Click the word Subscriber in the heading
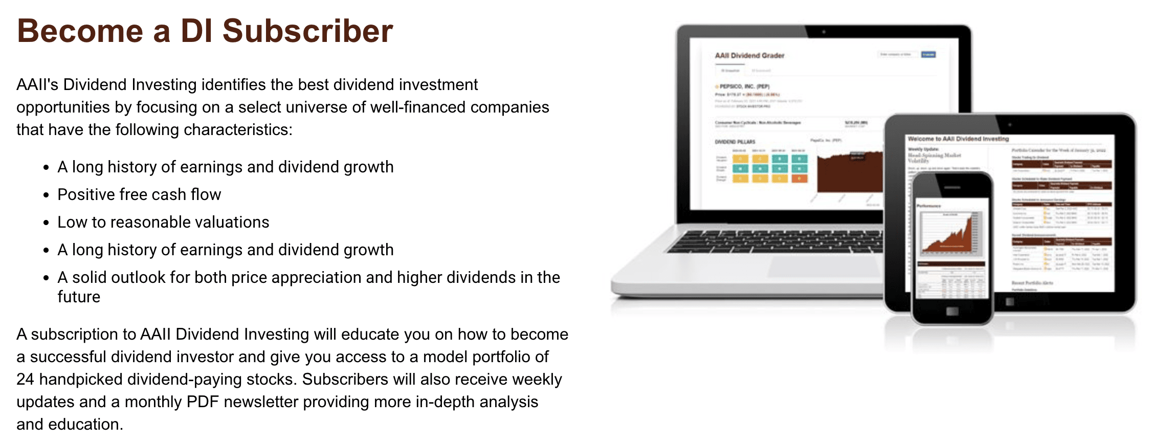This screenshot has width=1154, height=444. (307, 31)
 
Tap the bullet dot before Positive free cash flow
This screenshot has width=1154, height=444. (46, 195)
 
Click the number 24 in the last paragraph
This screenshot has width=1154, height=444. (25, 379)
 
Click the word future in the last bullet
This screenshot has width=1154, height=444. (79, 297)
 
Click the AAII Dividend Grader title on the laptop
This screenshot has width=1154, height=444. (749, 55)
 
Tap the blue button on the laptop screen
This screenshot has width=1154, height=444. (928, 54)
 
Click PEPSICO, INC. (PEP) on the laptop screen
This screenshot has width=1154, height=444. (744, 86)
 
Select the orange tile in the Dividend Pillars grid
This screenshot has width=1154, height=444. (799, 179)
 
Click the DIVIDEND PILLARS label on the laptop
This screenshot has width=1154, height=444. (735, 142)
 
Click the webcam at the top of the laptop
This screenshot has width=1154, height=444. (824, 32)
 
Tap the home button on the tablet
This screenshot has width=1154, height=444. (1009, 302)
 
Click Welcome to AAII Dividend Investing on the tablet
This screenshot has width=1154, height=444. (958, 139)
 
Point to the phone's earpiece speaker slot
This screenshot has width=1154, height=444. (952, 188)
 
